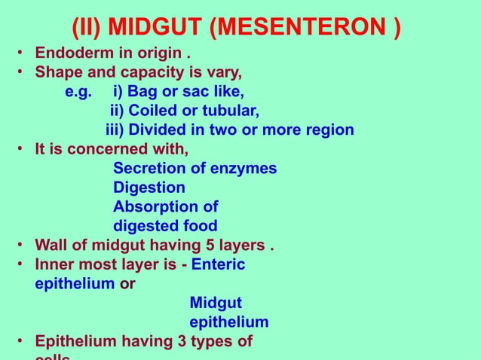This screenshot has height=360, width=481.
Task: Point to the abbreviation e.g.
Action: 79,93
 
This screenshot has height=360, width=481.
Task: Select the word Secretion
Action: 148,168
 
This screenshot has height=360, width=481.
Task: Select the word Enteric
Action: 219,264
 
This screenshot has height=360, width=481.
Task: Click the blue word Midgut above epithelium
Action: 215,303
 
